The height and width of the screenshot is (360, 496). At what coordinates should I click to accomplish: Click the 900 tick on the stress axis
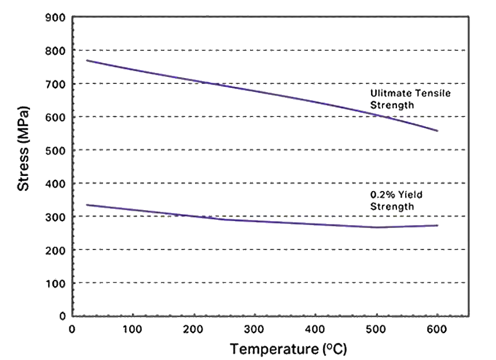(56, 18)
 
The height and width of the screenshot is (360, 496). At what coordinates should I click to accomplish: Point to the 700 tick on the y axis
(56, 84)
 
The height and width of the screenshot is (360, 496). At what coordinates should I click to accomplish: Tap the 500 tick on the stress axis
(56, 150)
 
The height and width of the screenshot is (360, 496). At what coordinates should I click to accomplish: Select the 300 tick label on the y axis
(56, 216)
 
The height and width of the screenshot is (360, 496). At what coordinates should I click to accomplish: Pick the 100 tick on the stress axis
(56, 283)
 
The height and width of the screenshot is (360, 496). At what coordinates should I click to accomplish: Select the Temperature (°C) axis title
(288, 350)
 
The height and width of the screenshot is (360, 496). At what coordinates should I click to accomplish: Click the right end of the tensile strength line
(438, 131)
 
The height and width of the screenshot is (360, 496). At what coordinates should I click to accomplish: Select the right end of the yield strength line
(438, 225)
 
